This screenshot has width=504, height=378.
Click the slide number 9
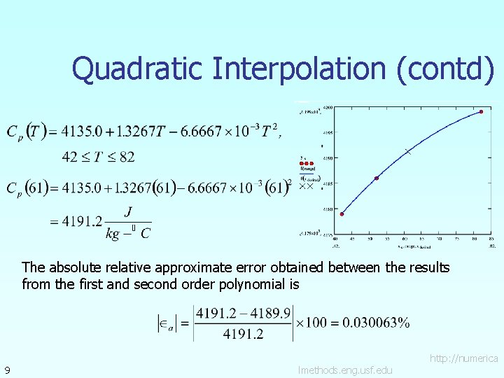pyautogui.click(x=6, y=369)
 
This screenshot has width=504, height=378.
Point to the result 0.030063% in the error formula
pyautogui.click(x=375, y=323)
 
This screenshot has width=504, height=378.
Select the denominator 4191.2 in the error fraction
pyautogui.click(x=243, y=334)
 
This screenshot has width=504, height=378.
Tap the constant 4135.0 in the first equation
pyautogui.click(x=82, y=130)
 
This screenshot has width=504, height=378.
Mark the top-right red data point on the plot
pyautogui.click(x=481, y=111)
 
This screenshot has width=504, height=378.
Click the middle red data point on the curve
pyautogui.click(x=377, y=178)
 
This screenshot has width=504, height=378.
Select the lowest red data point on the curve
pyautogui.click(x=342, y=214)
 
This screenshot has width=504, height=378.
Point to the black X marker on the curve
pyautogui.click(x=407, y=151)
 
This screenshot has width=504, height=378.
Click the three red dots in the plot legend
pyautogui.click(x=307, y=164)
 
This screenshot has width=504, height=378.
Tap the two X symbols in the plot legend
pyautogui.click(x=306, y=186)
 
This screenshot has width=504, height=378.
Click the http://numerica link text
pyautogui.click(x=463, y=358)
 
